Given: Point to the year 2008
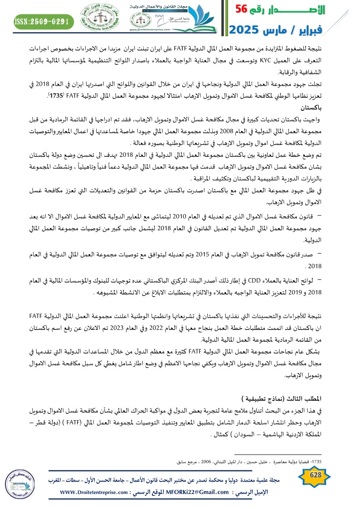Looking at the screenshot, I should pyautogui.click(x=232, y=131).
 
